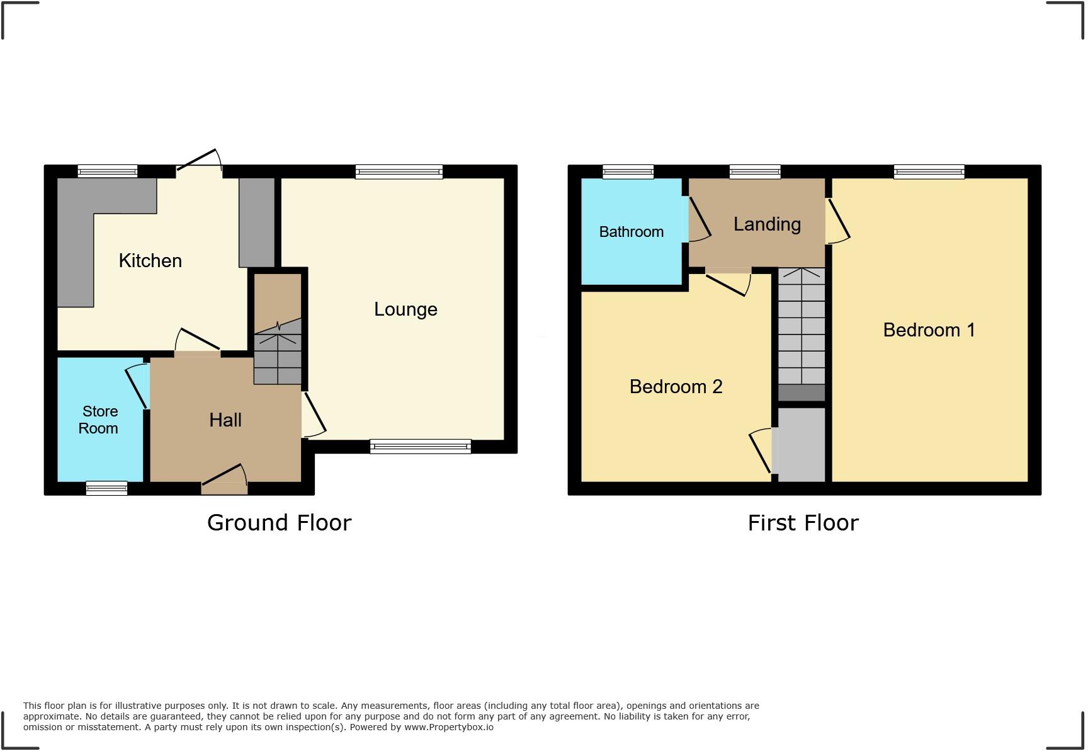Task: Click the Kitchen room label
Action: (150, 261)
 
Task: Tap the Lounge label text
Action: (405, 309)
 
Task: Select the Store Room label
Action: (99, 420)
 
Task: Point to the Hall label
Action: (225, 420)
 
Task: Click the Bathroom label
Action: (631, 232)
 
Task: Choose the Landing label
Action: (767, 224)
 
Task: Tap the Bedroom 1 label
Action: (929, 330)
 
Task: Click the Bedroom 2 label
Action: (676, 387)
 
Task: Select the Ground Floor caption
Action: (279, 522)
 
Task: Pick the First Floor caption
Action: (803, 523)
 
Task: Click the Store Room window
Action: (106, 488)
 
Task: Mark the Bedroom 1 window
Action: (929, 171)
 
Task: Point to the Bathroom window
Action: (628, 171)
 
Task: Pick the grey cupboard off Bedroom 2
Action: (802, 445)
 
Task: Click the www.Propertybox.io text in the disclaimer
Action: (448, 727)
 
